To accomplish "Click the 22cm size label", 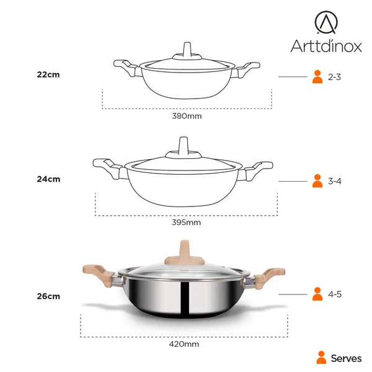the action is click(x=48, y=75).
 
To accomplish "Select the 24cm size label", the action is click(x=48, y=179).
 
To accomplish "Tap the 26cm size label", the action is click(x=48, y=296).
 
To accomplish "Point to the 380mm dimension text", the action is click(x=187, y=116).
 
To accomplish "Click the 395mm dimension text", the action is click(x=186, y=223).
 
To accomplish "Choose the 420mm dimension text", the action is click(x=184, y=344).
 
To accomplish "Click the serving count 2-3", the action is click(x=334, y=77).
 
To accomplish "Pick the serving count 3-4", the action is click(x=335, y=181).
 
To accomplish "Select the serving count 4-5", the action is click(x=335, y=294).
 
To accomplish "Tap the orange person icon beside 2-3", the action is click(x=317, y=77).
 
